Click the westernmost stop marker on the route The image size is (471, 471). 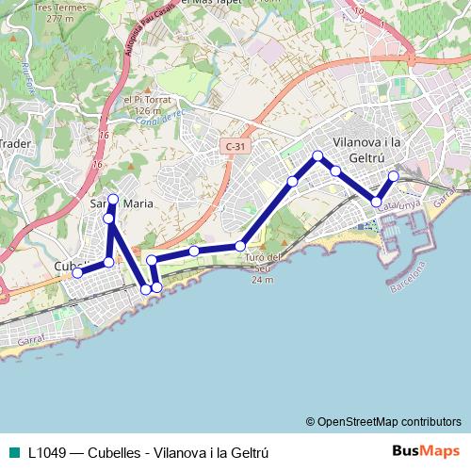click(77, 273)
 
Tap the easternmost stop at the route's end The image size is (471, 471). click(393, 176)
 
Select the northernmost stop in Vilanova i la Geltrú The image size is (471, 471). click(317, 155)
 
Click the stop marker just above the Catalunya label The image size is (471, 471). click(377, 202)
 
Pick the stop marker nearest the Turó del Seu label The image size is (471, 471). click(240, 247)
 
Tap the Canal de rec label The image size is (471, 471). click(157, 116)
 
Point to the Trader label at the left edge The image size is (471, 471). click(15, 144)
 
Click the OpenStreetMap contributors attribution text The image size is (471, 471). click(383, 421)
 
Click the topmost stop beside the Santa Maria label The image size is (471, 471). click(113, 199)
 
